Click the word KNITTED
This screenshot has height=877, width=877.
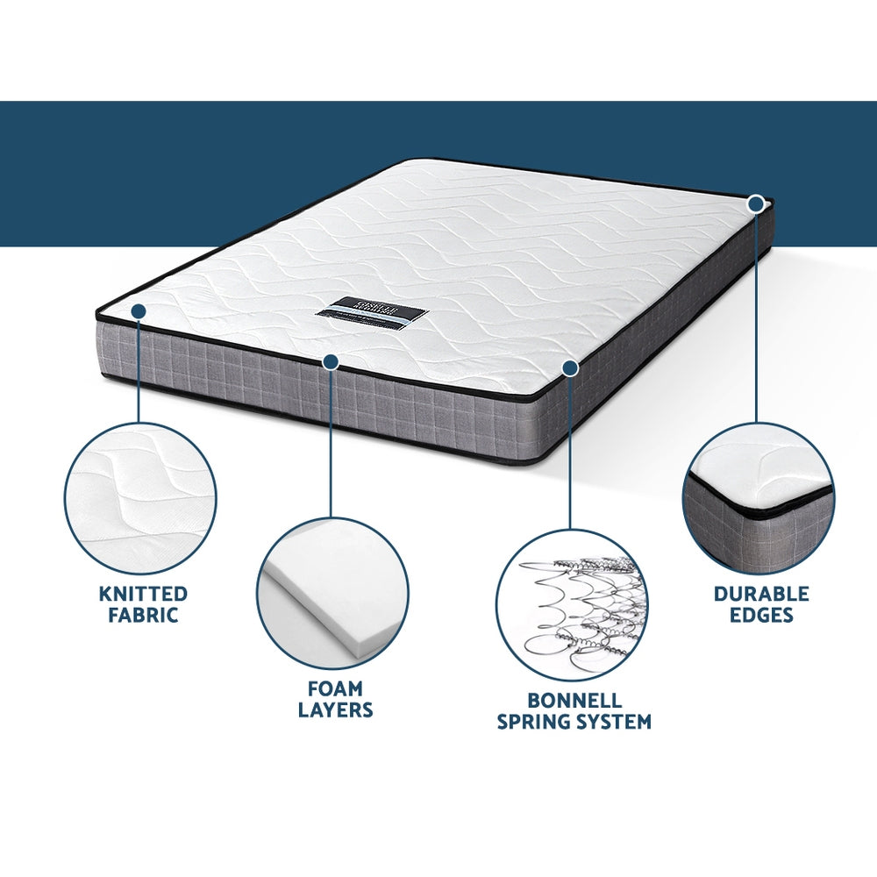(143, 594)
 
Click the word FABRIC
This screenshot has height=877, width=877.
(143, 615)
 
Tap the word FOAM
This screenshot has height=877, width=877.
(334, 688)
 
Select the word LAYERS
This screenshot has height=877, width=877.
(334, 709)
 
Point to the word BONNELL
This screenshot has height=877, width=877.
(574, 701)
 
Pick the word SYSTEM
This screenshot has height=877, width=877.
(618, 722)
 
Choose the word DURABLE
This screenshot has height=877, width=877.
(760, 594)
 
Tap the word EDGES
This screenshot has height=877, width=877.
(760, 615)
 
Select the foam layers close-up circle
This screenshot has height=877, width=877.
(332, 593)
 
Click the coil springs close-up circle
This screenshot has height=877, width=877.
(571, 605)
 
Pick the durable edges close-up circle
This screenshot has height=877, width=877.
(759, 497)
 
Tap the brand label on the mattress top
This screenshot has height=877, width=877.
(377, 311)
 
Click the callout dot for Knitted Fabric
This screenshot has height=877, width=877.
(139, 310)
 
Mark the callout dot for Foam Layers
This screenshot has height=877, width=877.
(331, 361)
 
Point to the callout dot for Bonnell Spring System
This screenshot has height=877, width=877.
(570, 368)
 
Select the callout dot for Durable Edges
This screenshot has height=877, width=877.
(756, 204)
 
